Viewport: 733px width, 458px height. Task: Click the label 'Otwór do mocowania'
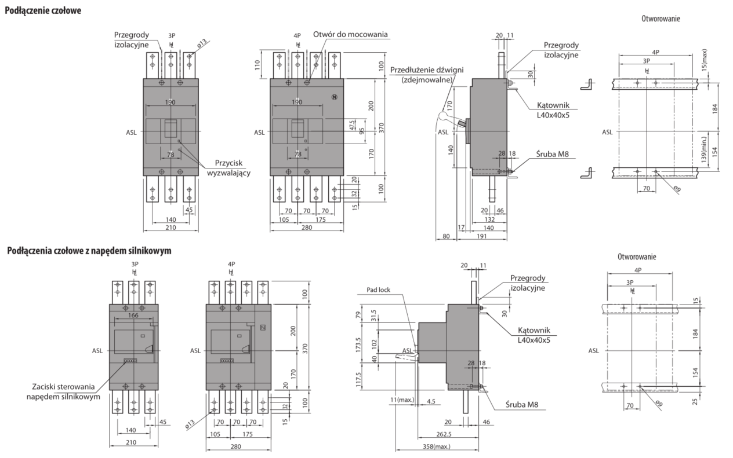[350, 34]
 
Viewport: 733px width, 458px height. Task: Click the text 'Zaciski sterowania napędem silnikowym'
[64, 392]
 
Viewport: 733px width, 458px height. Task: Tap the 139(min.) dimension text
[703, 152]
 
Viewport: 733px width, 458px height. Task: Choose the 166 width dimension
[133, 316]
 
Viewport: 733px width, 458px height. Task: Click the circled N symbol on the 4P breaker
[334, 97]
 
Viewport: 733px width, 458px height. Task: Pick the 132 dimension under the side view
[490, 219]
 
